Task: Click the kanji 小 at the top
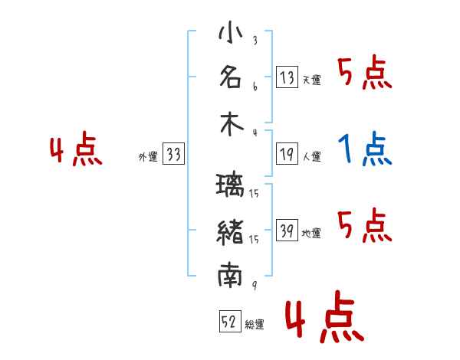pos(231,32)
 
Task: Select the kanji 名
pos(231,77)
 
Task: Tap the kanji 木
pos(232,125)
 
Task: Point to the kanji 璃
pos(230,185)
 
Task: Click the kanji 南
pos(230,275)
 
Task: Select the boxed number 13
pos(287,77)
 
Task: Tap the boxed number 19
pos(287,154)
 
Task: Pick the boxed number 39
pos(287,230)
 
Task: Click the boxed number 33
pos(173,153)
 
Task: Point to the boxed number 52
pos(230,321)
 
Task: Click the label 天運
pos(312,80)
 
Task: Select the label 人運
pos(312,156)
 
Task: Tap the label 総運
pos(255,324)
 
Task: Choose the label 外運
pos(148,156)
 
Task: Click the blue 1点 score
pos(365,149)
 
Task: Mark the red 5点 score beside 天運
pos(365,72)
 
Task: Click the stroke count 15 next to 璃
pos(254,193)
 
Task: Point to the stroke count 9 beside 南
pos(255,285)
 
